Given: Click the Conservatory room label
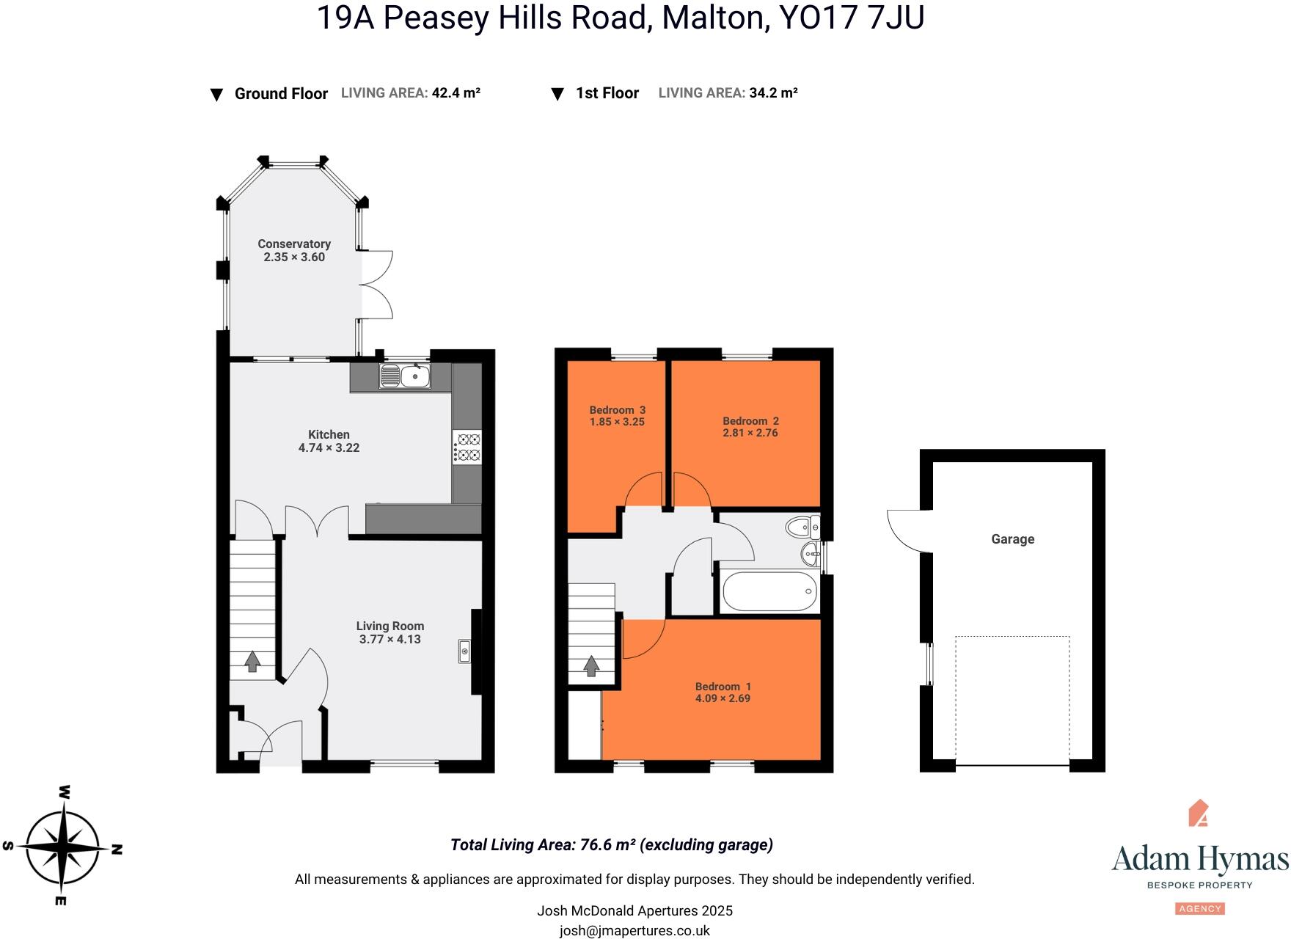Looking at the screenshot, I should click(293, 244).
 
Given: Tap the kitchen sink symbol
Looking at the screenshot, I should click(405, 376).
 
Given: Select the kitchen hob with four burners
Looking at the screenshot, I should click(467, 447).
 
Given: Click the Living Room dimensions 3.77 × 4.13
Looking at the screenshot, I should click(390, 639).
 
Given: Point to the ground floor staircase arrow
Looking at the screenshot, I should click(252, 661).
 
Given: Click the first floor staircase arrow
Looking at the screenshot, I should click(590, 666).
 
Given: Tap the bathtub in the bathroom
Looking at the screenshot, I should click(769, 591).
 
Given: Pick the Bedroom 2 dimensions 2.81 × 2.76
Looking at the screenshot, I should click(750, 433).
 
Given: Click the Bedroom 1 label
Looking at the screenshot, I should click(723, 687).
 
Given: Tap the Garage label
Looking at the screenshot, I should click(1012, 539).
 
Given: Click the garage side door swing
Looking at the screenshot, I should click(907, 530).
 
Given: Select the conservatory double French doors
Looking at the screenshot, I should click(376, 285).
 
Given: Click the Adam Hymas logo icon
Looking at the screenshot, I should click(1199, 813).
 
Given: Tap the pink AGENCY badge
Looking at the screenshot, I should click(1199, 909).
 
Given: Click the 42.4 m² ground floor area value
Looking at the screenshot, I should click(456, 93).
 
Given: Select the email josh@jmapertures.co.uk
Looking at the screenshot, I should click(634, 930).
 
